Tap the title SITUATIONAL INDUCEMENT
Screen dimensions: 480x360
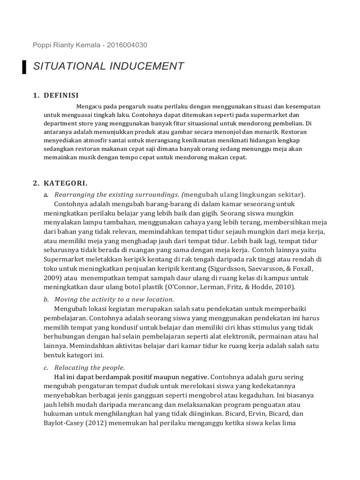click(x=109, y=67)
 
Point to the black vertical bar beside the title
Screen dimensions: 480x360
click(x=24, y=67)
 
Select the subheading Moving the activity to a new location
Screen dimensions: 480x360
click(x=114, y=299)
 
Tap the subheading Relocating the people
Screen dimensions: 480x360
click(x=90, y=367)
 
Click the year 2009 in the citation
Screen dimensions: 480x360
click(x=52, y=277)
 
